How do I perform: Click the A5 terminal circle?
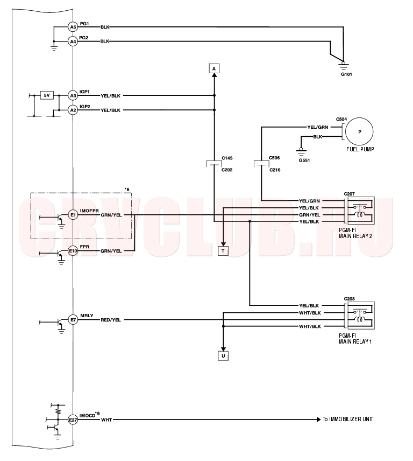tap(73, 27)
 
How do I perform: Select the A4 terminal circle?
tap(73, 41)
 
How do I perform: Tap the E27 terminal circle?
tap(73, 420)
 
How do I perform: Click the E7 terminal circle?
tap(73, 319)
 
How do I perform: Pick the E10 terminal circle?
tap(73, 251)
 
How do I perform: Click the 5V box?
tap(47, 95)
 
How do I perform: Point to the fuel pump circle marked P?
tap(359, 132)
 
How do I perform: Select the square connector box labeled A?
tap(214, 68)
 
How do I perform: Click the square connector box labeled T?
tap(223, 251)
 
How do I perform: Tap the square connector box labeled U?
tap(223, 356)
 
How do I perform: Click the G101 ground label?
tap(346, 74)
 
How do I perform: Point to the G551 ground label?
tap(304, 160)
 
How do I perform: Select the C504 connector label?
tap(341, 119)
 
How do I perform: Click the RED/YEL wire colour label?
tap(111, 320)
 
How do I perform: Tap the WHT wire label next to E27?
tap(106, 420)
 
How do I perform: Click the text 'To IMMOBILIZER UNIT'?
tap(348, 419)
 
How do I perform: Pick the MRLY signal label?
tap(87, 316)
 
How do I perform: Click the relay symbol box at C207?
tap(361, 211)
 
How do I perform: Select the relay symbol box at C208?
tap(361, 316)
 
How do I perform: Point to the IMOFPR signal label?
tap(89, 211)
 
